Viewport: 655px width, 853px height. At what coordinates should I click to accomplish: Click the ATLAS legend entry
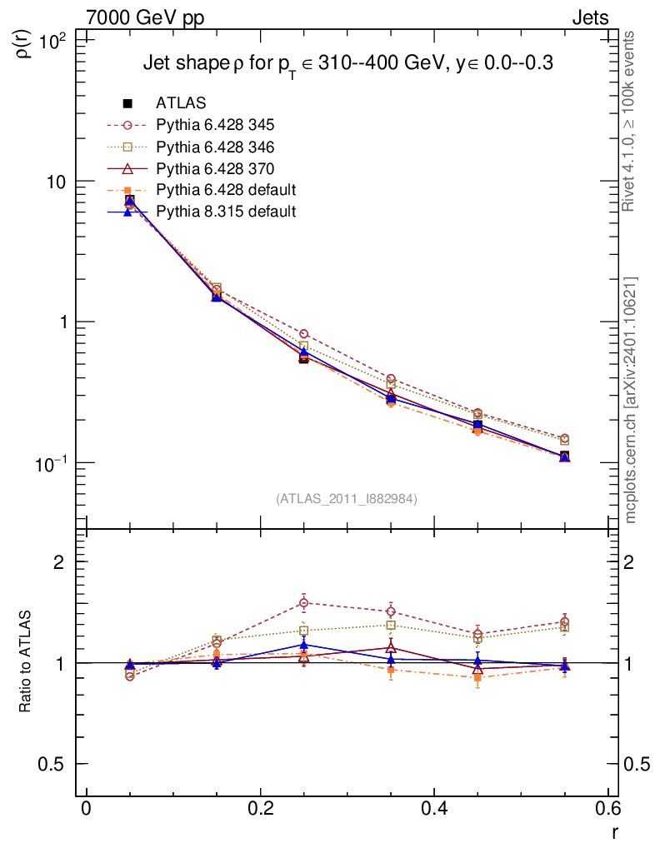click(x=182, y=103)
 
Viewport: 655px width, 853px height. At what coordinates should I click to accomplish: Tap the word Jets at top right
click(x=589, y=17)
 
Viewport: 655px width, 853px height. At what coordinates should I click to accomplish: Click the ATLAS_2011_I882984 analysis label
click(x=346, y=499)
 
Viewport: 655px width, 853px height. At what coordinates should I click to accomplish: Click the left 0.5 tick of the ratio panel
click(x=56, y=765)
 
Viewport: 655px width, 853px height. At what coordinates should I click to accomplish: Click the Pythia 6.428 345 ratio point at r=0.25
click(x=304, y=602)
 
